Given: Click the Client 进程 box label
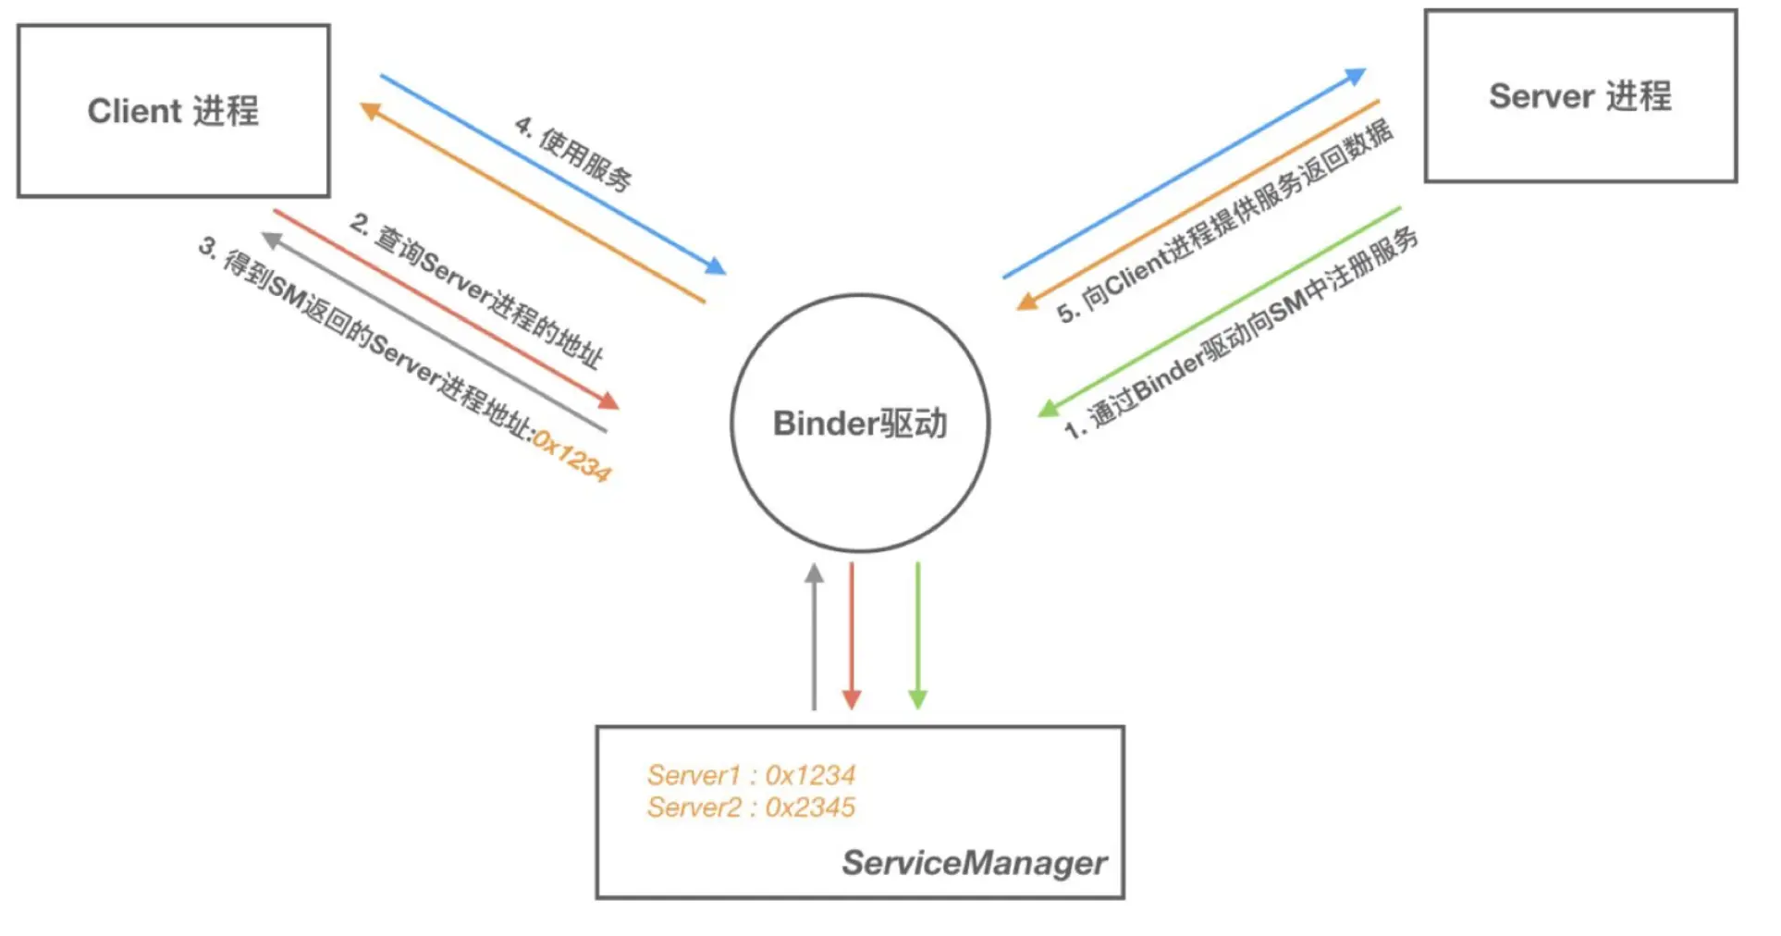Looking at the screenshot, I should pos(173,111).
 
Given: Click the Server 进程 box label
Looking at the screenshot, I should pos(1579,96).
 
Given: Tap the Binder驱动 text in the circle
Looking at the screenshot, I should pos(860,424).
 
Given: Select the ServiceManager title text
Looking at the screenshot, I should pos(974,863).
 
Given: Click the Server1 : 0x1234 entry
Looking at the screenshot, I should pos(751,775).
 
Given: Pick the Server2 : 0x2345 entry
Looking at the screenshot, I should pos(751,807).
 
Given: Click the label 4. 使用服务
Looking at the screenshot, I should pos(573,154).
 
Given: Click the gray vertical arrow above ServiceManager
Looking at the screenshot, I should pos(814,638).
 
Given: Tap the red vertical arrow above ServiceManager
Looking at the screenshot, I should pos(852,638).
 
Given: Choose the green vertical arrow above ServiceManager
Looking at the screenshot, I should pos(917,638).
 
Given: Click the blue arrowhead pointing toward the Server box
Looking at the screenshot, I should pos(1357,76).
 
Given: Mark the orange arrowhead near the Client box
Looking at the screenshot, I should pos(370,111).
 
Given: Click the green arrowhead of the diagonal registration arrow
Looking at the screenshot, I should pos(1048,408).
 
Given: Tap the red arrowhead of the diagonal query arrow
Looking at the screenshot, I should pos(608,401).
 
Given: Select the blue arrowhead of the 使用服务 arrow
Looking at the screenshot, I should pos(715,266).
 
